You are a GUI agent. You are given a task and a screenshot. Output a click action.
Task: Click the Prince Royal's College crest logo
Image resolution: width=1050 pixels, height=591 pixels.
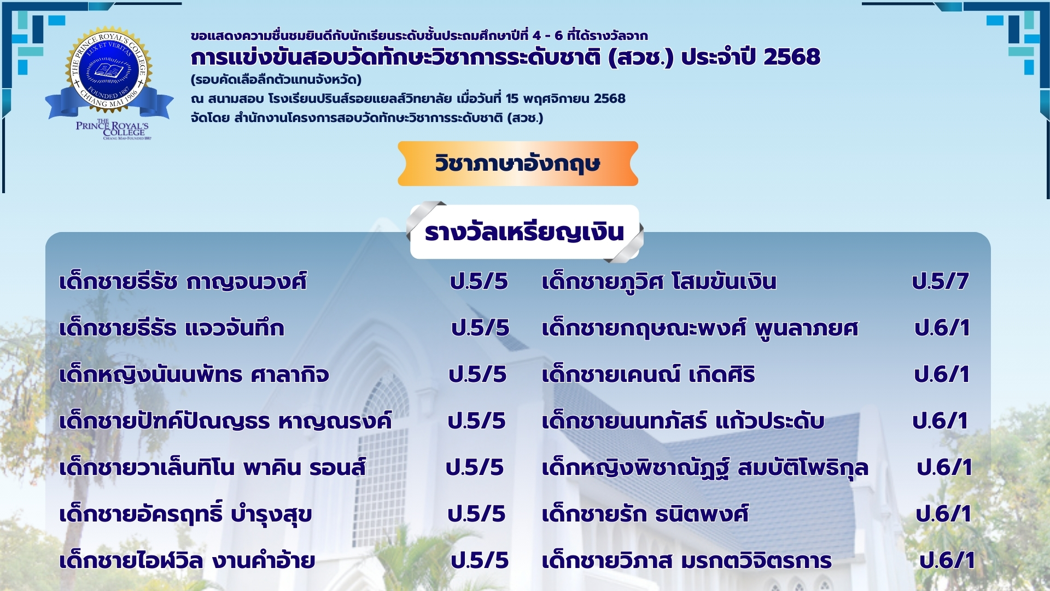109,82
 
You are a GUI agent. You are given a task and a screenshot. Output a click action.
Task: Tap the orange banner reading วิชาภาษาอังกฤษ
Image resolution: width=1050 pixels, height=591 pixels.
518,164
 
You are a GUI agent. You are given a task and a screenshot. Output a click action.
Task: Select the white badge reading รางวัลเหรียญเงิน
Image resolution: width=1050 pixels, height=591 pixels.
524,232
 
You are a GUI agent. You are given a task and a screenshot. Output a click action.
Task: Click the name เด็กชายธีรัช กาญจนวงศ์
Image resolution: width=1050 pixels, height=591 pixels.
183,282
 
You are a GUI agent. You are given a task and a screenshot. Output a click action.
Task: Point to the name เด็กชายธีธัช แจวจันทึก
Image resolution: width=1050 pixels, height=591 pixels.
172,328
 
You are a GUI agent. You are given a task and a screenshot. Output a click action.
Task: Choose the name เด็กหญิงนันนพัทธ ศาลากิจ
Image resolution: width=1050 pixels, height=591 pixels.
194,375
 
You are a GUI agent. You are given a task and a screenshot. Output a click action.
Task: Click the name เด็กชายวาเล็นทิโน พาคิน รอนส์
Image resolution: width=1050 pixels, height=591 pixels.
212,468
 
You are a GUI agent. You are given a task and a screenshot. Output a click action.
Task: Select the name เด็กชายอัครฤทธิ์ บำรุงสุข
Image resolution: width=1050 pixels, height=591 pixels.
185,514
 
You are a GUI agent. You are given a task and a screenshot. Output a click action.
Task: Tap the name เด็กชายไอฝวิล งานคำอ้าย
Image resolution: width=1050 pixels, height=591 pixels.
187,560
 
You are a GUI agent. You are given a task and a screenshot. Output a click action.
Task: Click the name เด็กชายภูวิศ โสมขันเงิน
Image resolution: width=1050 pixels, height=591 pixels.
659,282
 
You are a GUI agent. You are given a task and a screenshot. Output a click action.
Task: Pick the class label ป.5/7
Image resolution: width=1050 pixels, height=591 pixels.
941,282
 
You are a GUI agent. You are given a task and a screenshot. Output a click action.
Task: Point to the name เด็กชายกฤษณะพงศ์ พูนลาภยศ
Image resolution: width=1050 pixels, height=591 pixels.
700,328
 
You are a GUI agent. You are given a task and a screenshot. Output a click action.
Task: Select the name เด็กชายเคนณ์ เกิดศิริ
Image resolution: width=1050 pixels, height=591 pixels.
648,375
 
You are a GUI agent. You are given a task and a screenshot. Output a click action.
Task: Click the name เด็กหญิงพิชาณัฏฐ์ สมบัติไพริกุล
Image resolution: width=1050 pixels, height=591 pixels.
705,468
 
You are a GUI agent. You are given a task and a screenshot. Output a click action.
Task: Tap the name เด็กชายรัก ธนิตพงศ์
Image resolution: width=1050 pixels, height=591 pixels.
645,514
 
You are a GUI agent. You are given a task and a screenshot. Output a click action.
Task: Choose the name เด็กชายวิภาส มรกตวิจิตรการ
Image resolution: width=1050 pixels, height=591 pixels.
687,561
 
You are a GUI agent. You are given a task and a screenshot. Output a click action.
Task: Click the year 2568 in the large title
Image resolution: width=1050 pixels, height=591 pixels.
792,57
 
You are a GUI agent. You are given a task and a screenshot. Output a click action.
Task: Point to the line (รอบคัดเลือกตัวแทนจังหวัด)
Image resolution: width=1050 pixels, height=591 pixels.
276,80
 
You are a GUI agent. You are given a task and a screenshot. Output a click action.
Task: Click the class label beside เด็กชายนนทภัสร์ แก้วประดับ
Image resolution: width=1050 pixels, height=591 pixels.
941,421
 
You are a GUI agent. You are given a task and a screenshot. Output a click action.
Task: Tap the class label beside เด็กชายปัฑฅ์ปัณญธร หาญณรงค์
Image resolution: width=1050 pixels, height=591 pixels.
477,421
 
